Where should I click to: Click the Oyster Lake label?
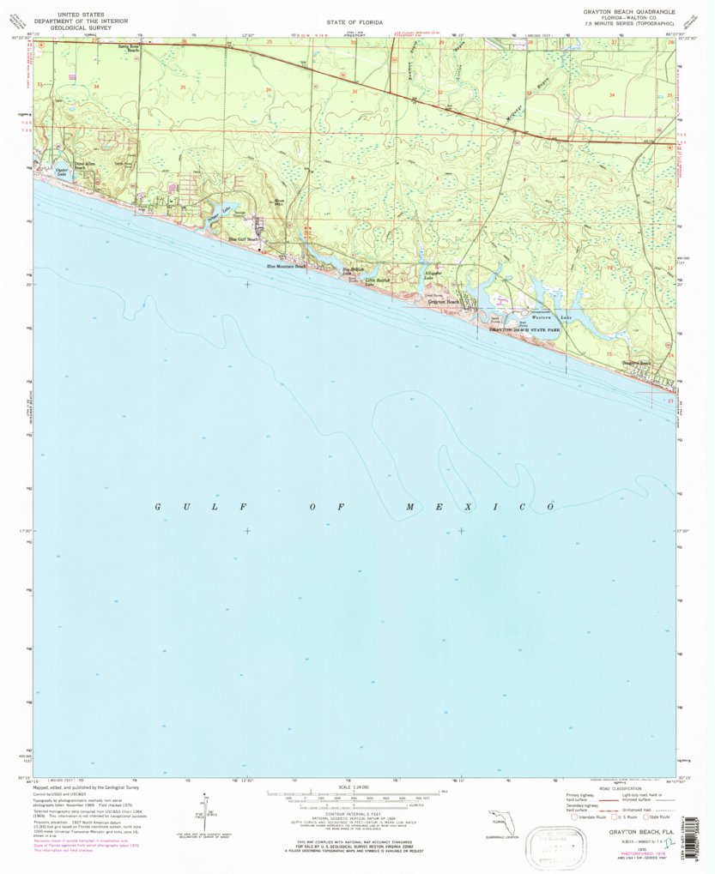tap(61, 172)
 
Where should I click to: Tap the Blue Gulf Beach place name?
tap(244, 239)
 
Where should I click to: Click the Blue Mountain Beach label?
tap(286, 266)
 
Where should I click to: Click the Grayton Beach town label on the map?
tap(444, 302)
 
